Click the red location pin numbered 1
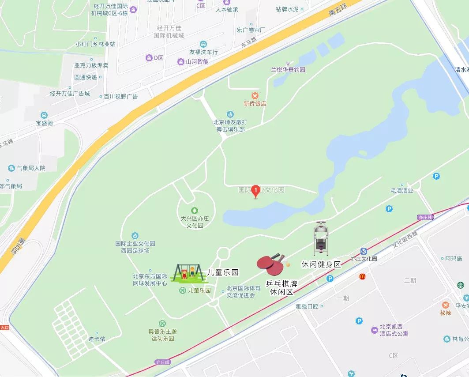pyautogui.click(x=255, y=191)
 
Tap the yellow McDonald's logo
pyautogui.click(x=362, y=277)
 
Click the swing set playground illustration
pyautogui.click(x=189, y=273)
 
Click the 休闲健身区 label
pyautogui.click(x=321, y=264)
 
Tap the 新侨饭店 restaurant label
pyautogui.click(x=255, y=104)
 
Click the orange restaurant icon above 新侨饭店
pyautogui.click(x=255, y=95)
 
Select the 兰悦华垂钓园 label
pyautogui.click(x=288, y=70)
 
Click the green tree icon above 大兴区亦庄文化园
pyautogui.click(x=194, y=210)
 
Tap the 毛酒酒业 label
pyautogui.click(x=402, y=191)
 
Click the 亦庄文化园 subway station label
pyautogui.click(x=364, y=259)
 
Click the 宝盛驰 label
pyautogui.click(x=44, y=123)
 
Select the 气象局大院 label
pyautogui.click(x=31, y=168)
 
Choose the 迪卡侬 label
pyautogui.click(x=97, y=339)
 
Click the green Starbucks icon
pyautogui.click(x=461, y=285)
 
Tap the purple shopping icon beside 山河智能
pyautogui.click(x=180, y=62)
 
